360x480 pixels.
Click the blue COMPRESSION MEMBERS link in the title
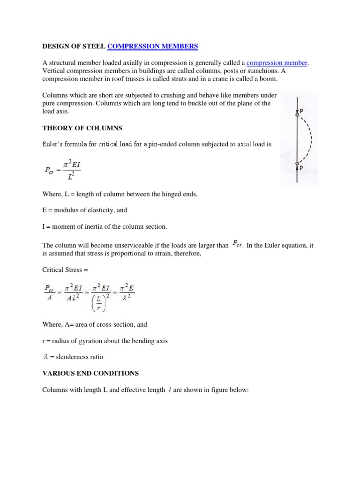[153, 46]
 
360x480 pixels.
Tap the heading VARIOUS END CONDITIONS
[90, 373]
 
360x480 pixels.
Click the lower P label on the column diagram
[300, 167]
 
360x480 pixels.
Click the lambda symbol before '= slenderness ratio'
[45, 357]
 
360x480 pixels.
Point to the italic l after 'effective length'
[169, 389]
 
